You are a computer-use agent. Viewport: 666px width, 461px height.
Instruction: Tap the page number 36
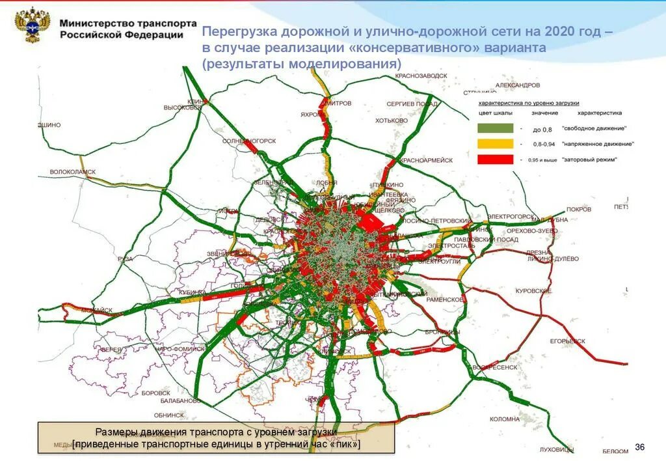coord(639,447)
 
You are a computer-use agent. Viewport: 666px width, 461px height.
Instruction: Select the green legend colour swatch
coord(496,129)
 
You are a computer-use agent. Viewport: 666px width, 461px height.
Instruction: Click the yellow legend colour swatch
coord(496,144)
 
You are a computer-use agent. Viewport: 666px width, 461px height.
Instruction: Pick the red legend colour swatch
coord(496,160)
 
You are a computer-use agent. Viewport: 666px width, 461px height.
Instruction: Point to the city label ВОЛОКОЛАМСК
coord(72,172)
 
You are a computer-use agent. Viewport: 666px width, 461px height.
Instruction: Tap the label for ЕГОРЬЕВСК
coord(568,341)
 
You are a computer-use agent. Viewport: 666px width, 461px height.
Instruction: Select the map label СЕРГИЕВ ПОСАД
coord(412,104)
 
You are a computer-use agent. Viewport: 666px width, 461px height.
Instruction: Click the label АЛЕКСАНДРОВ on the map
coord(518,85)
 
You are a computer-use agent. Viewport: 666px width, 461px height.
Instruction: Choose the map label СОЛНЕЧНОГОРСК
coord(250,141)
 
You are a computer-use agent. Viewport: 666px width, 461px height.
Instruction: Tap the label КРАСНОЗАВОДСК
coord(421,76)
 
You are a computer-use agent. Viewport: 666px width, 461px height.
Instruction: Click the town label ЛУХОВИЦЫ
coord(557,449)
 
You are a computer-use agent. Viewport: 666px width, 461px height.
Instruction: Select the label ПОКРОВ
coord(578,210)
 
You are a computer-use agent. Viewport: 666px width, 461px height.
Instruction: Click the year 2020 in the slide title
coord(562,33)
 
